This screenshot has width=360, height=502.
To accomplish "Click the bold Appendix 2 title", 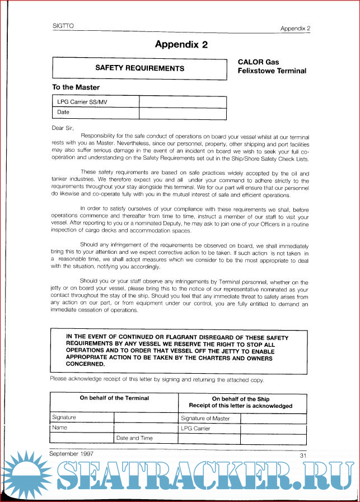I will point(181,45).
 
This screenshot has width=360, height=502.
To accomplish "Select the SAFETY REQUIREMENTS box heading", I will point(139,68).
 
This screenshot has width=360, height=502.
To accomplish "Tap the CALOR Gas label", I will point(258,62).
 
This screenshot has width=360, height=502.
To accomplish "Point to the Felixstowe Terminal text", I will point(272,71).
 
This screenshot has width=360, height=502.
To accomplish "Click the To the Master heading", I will point(76,87).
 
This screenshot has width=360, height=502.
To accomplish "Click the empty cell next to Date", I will point(183,113).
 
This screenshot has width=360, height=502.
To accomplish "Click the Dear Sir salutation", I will point(62,128).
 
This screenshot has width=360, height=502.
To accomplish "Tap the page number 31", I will point(303,454).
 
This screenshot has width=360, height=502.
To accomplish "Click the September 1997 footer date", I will point(71,453).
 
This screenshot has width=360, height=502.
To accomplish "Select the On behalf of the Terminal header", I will point(114,398).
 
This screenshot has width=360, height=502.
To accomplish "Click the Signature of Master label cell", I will point(205,418).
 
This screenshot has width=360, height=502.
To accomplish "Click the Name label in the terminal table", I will point(60,427).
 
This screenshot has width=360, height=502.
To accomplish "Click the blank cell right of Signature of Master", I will point(273,418).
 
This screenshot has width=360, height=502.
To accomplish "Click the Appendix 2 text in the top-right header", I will point(295,29).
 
